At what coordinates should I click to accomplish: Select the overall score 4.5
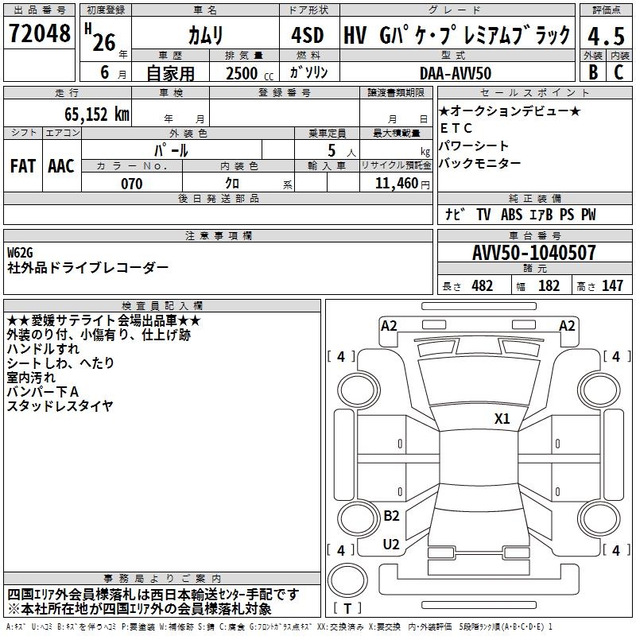click(604, 36)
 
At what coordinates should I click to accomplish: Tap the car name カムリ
click(206, 35)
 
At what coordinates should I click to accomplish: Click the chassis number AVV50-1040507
click(534, 254)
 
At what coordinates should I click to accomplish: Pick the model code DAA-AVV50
click(456, 73)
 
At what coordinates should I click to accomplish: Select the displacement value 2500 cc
click(243, 73)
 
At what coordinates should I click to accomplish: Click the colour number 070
click(131, 184)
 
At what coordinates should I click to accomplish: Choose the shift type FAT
click(23, 165)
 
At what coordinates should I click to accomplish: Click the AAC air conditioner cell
click(61, 165)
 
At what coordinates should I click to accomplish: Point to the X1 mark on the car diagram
click(502, 419)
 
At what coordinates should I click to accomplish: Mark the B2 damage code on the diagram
click(391, 516)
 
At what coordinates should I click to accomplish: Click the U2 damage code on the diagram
click(391, 545)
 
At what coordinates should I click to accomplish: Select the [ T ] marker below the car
click(348, 609)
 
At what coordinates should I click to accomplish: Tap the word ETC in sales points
click(456, 128)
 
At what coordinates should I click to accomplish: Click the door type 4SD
click(308, 35)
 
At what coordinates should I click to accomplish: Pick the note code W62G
click(20, 253)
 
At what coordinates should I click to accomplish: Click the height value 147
click(612, 286)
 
